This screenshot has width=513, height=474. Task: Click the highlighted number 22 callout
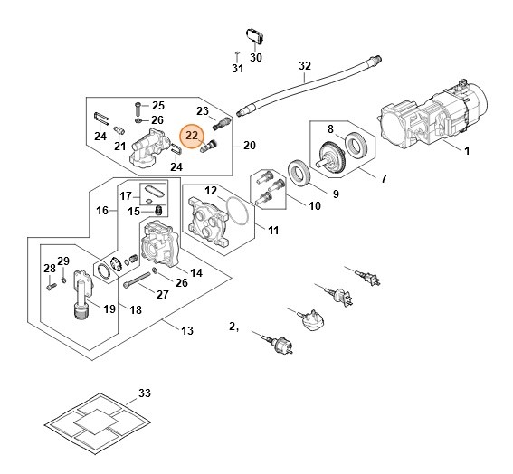click(192, 137)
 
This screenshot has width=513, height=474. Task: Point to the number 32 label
click(304, 65)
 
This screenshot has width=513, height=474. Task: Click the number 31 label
click(237, 69)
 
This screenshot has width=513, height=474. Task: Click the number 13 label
click(187, 331)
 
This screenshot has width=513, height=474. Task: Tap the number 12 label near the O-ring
click(210, 191)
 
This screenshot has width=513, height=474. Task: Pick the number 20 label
click(250, 146)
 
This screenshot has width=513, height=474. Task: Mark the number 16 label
click(102, 210)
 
